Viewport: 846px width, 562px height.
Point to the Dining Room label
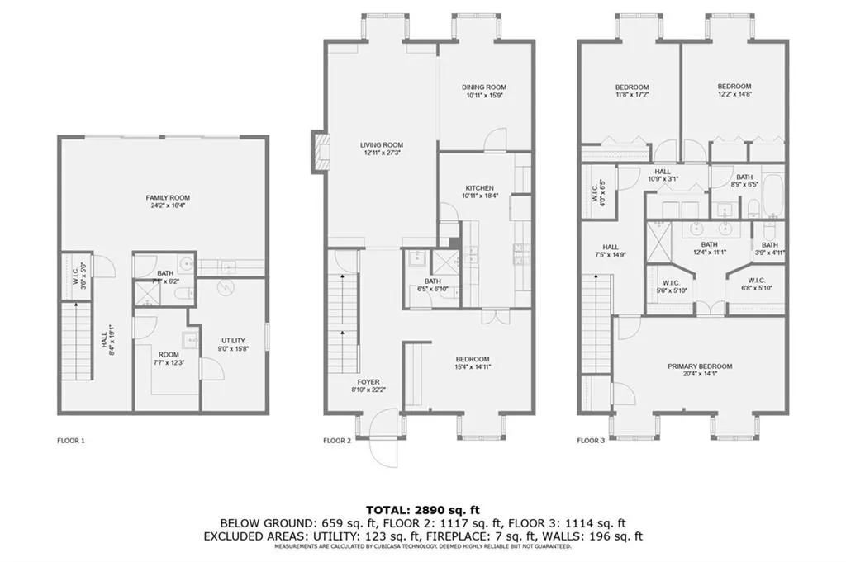484,87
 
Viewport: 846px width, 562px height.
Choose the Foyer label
368,382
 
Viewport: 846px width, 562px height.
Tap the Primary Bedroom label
700,366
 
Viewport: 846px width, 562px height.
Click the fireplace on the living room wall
317,151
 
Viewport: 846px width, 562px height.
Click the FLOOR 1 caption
71,441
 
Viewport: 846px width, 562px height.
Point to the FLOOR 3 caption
591,441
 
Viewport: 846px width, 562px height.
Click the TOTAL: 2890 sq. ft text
422,509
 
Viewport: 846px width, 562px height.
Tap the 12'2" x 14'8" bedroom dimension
734,96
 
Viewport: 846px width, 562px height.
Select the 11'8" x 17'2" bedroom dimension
631,96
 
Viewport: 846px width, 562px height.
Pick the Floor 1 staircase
75,342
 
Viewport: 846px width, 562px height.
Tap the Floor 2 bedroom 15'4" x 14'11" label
473,363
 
